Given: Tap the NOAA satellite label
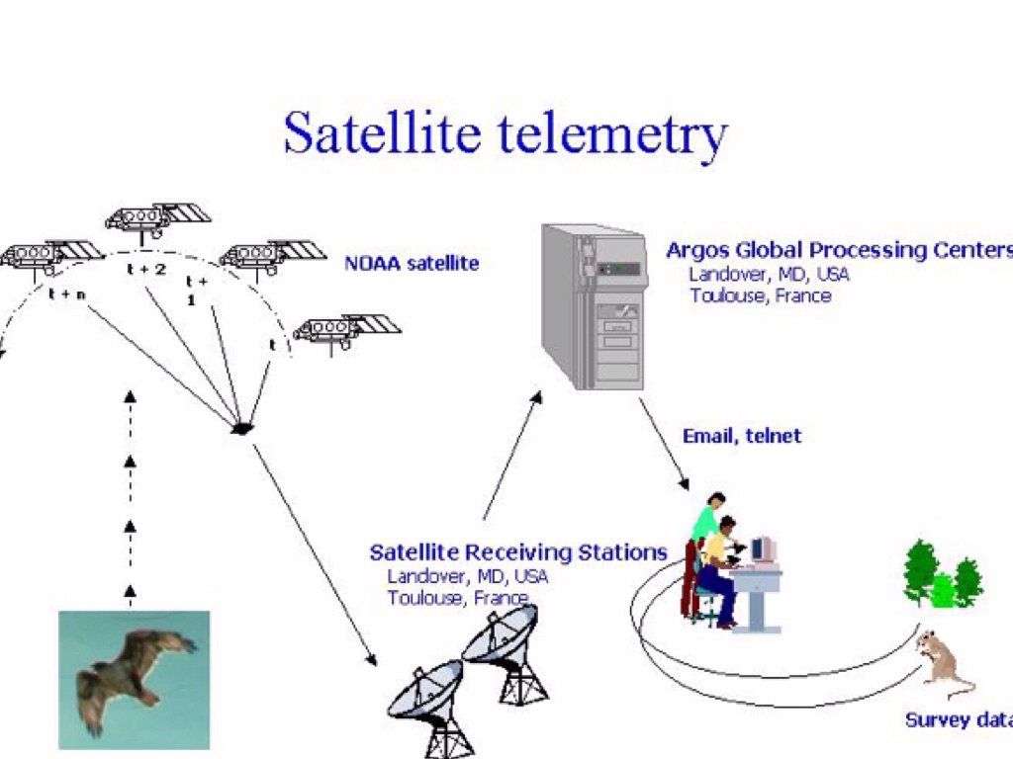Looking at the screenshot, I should click(412, 264).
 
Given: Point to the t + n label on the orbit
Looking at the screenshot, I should click(66, 294).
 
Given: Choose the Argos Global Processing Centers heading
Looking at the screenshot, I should click(839, 249).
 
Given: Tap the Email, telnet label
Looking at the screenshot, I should click(742, 436).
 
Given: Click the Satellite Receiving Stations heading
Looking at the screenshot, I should click(518, 551).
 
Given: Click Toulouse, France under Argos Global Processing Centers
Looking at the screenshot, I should click(761, 295).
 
